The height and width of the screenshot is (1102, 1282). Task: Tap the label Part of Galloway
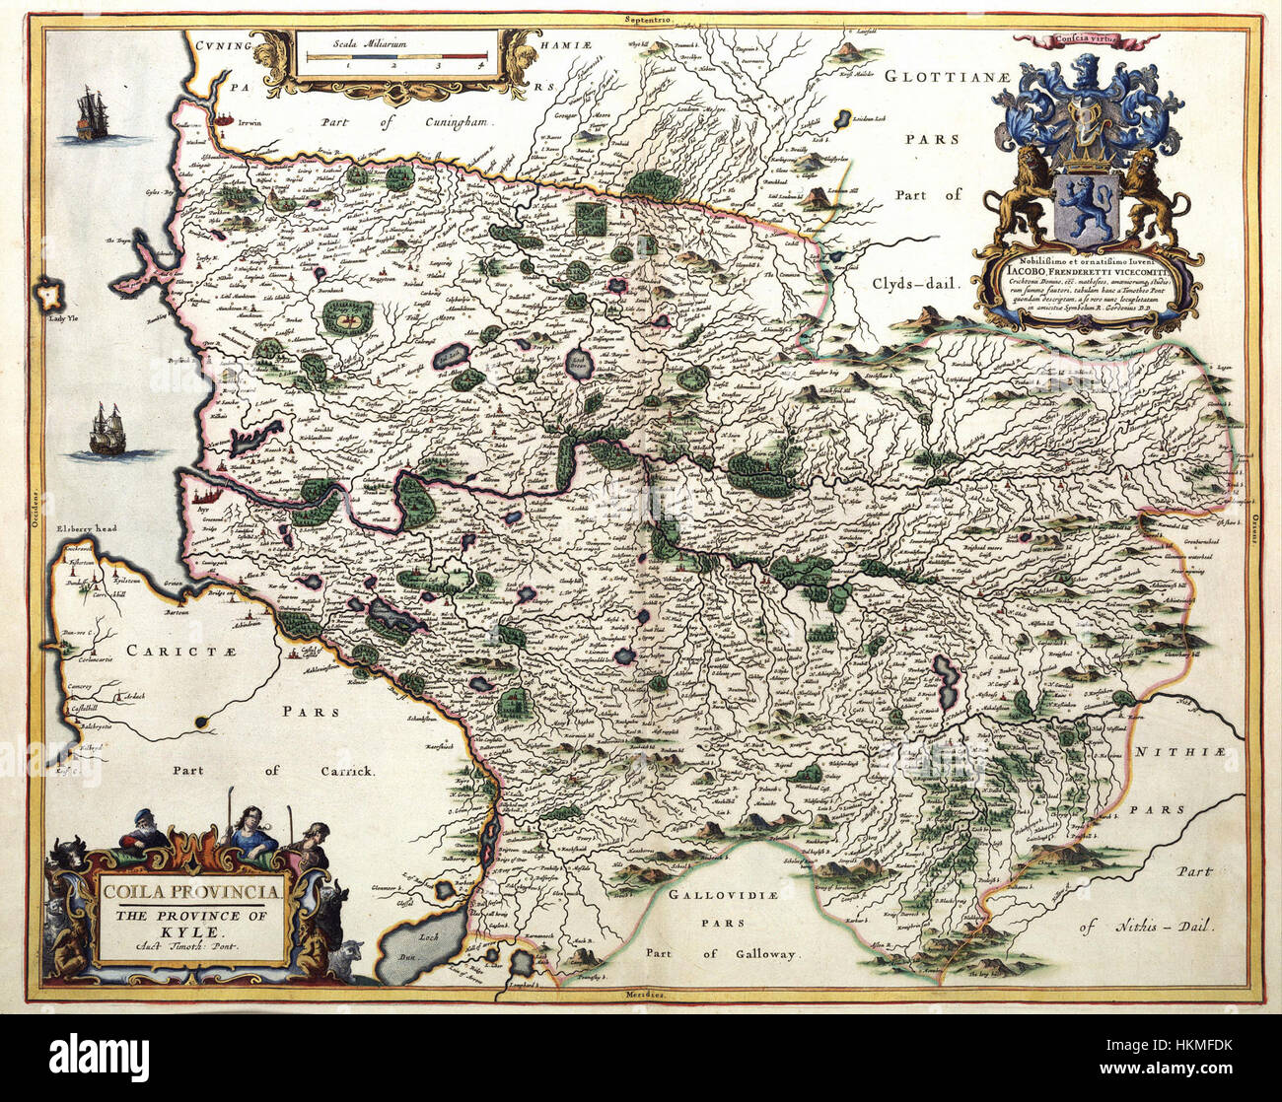[722, 953]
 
